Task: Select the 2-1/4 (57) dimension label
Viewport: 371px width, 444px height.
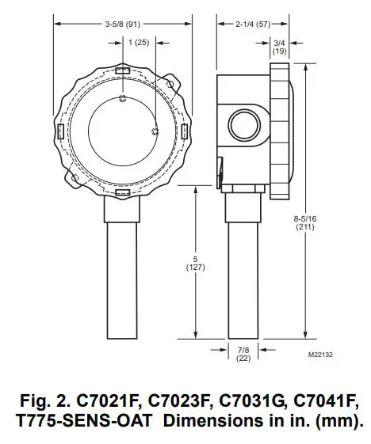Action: [x=254, y=25]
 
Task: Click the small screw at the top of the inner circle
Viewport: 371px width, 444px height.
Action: [x=122, y=98]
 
